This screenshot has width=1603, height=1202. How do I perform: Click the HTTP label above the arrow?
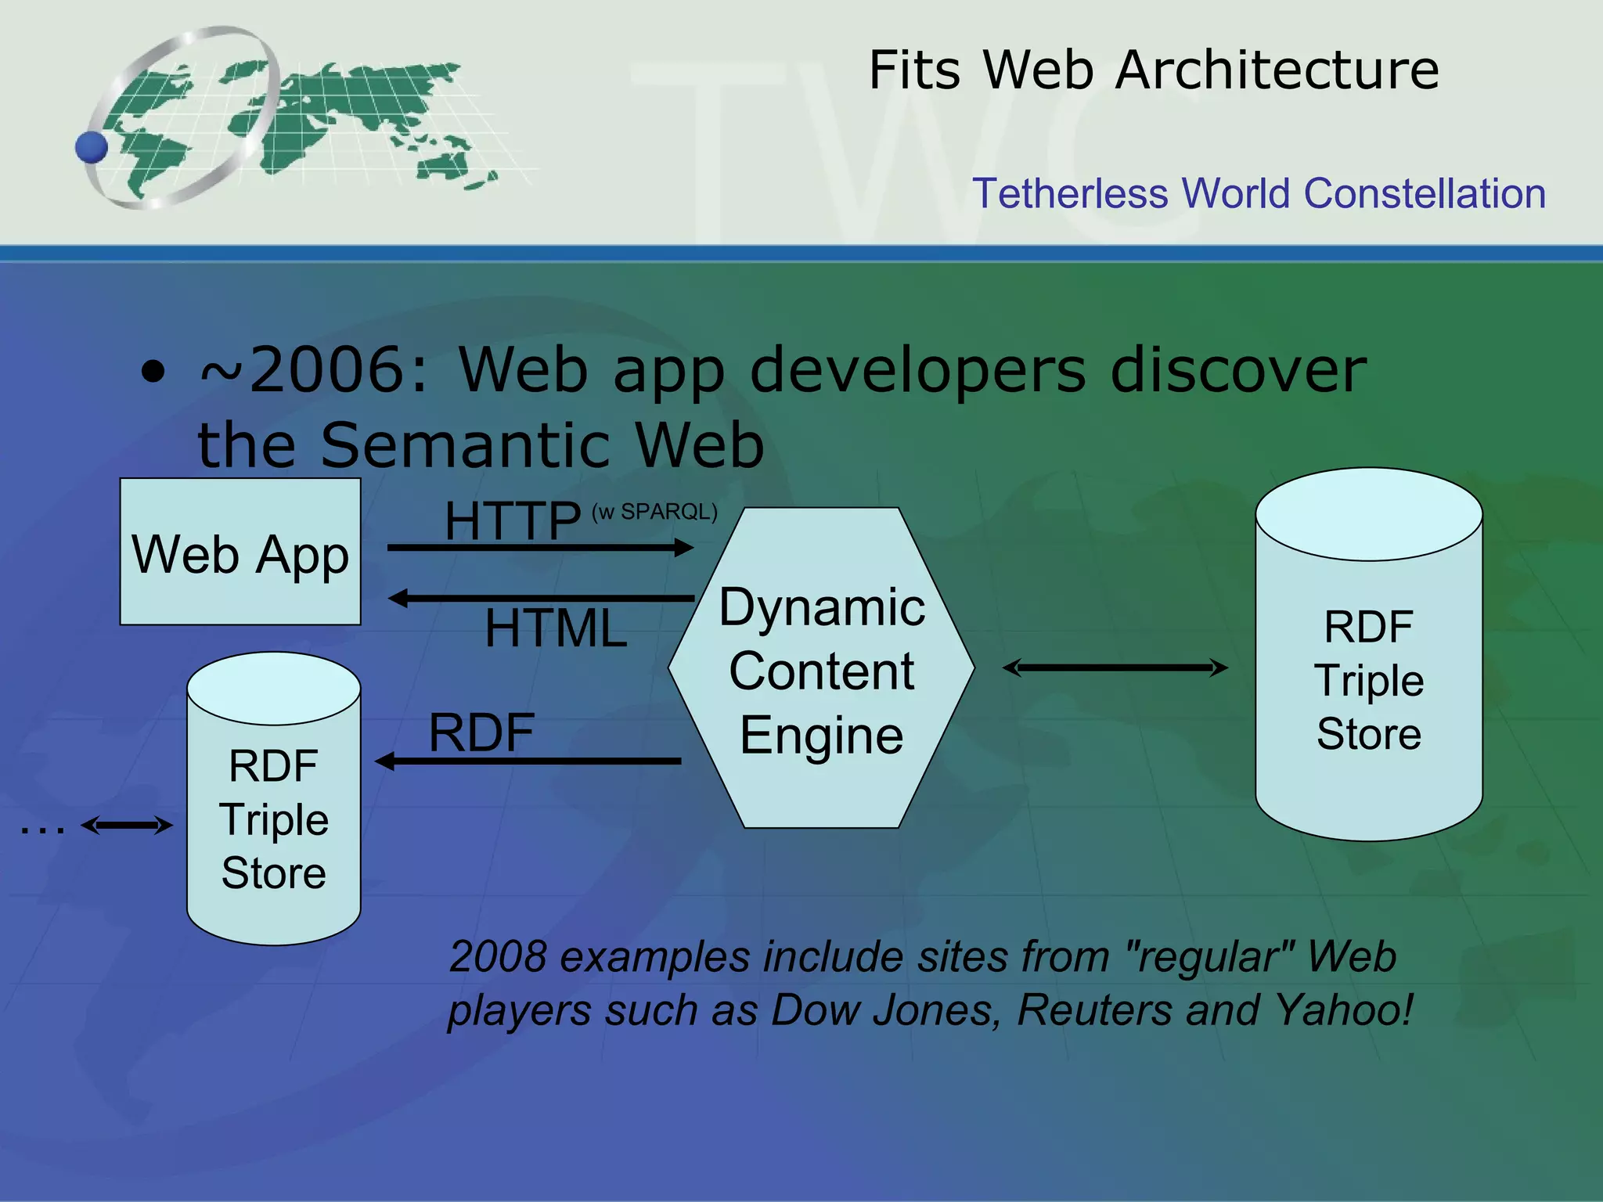click(513, 521)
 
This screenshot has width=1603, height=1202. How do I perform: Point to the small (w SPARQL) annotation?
click(654, 512)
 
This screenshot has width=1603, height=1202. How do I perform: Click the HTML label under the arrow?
click(556, 628)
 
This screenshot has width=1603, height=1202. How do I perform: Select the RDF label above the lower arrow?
click(481, 733)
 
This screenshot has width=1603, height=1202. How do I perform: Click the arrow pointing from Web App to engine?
click(540, 548)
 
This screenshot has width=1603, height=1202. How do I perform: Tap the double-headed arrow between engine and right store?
click(1115, 668)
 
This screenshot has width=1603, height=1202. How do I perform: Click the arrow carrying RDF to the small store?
click(528, 761)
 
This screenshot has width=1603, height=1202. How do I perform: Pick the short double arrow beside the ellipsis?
click(127, 825)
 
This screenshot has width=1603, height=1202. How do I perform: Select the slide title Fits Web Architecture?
click(1154, 70)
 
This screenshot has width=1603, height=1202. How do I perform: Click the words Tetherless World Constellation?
click(1259, 193)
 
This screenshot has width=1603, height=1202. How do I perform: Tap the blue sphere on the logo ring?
click(92, 147)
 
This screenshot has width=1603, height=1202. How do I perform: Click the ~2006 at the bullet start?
click(313, 370)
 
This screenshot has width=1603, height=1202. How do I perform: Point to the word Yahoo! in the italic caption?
click(1344, 1009)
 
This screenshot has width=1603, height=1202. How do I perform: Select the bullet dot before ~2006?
click(153, 372)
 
